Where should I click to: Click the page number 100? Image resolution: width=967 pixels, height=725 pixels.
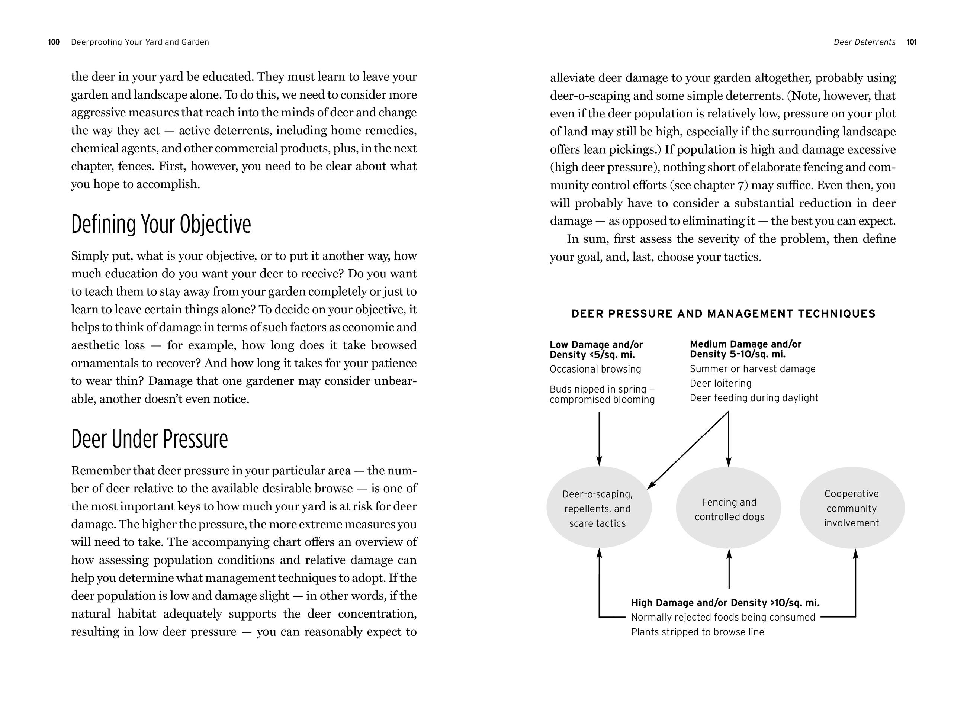54,42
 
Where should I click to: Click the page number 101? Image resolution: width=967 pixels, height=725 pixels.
912,42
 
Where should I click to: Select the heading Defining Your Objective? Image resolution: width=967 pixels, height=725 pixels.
161,224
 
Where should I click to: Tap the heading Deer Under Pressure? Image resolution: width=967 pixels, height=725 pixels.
150,439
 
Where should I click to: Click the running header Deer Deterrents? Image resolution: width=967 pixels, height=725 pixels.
864,42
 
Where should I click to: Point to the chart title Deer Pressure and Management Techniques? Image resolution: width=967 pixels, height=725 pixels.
723,314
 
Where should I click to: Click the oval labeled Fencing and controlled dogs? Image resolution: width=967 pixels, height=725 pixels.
729,508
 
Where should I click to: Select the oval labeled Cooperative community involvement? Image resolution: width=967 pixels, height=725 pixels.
852,508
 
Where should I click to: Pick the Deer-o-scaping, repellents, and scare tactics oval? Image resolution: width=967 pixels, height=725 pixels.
598,508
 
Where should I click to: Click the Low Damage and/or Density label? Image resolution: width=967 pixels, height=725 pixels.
596,349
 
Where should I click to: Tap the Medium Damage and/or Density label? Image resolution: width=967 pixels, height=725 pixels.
745,349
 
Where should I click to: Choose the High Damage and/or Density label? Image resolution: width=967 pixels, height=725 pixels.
725,603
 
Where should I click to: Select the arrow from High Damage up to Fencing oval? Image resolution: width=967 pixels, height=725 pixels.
729,568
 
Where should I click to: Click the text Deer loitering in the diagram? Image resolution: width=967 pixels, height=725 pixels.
720,383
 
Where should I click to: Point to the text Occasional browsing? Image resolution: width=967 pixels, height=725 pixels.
595,369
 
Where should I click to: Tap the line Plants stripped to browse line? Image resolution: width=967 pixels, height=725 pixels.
697,632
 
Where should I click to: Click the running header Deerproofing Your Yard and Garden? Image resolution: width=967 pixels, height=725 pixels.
140,42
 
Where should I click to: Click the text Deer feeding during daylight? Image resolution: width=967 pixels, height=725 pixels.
754,398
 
